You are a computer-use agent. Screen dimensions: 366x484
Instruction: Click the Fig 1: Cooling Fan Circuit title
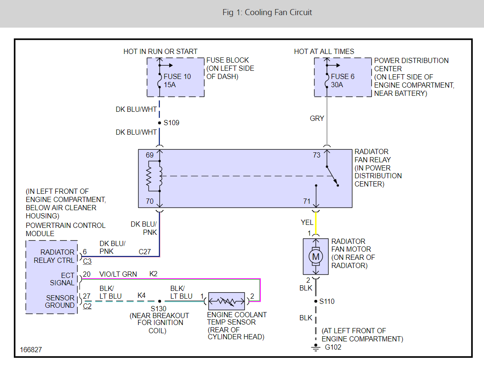point(267,12)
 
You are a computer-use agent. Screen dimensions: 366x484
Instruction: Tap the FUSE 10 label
point(177,76)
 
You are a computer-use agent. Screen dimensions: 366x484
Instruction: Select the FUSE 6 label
point(342,76)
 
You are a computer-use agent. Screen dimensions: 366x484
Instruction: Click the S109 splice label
point(171,123)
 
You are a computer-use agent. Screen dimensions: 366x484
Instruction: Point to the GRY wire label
point(317,118)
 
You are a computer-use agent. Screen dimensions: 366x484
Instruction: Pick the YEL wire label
point(307,222)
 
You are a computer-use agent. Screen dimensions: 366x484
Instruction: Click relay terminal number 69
point(150,155)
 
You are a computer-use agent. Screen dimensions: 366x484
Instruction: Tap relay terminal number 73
point(317,155)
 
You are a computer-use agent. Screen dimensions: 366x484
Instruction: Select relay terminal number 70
point(150,201)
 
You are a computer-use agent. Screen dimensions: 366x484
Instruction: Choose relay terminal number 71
point(307,201)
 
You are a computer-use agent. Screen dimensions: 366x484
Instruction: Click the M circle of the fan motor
point(316,257)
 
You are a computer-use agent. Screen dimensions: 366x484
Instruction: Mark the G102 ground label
point(333,347)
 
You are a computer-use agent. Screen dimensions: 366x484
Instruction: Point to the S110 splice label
point(327,301)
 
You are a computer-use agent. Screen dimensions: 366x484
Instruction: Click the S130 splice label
point(159,309)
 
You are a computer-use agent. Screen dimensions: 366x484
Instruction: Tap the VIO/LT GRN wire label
point(118,274)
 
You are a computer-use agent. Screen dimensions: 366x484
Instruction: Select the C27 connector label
point(145,252)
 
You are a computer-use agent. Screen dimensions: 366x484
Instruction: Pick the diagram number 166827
point(31,350)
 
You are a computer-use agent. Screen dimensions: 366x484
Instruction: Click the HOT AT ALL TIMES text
point(324,51)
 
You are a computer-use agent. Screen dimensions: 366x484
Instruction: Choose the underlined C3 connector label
point(87,261)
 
